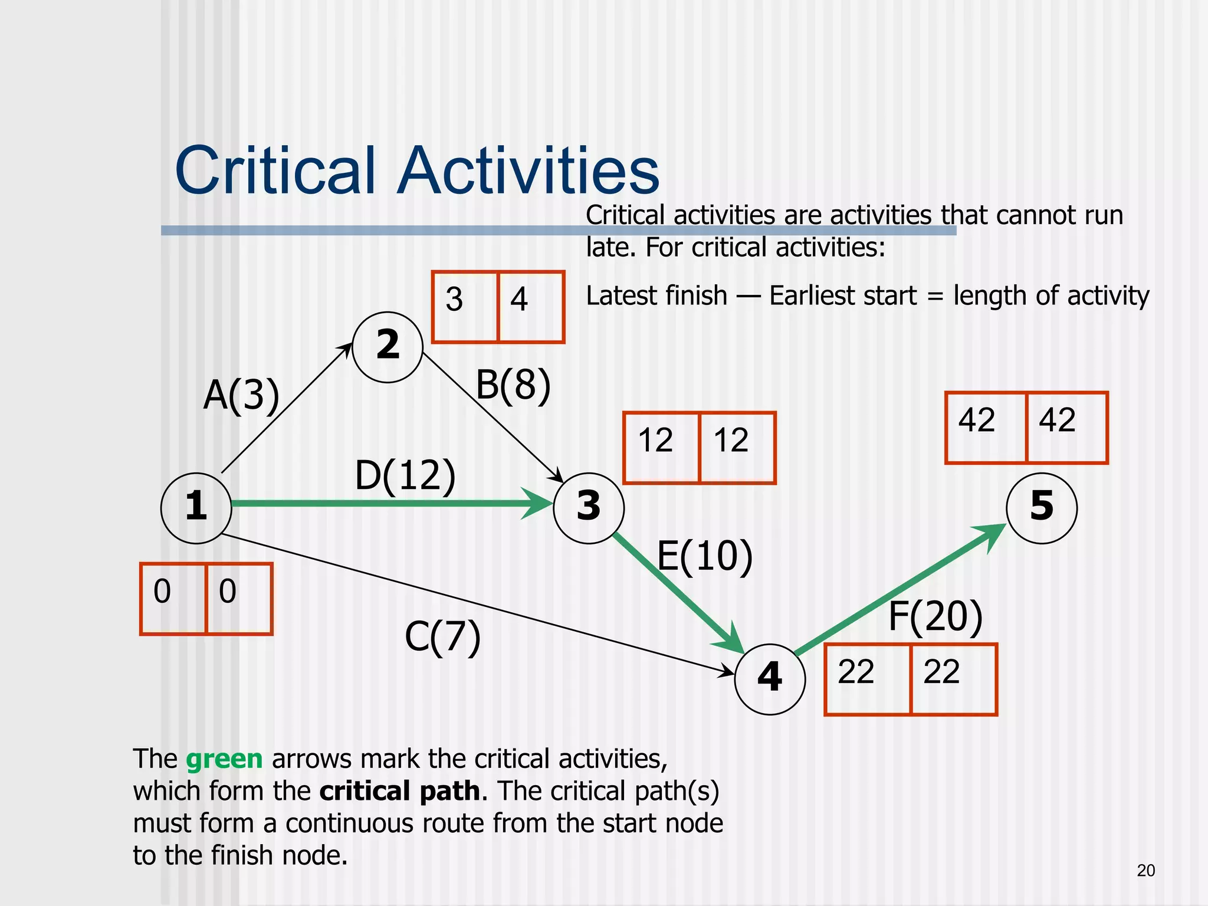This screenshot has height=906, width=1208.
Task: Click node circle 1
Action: (x=196, y=508)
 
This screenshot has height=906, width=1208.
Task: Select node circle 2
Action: (x=388, y=347)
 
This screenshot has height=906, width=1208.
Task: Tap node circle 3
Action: (x=589, y=508)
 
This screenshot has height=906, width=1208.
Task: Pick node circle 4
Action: (x=770, y=679)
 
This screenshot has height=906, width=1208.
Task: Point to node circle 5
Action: (x=1042, y=508)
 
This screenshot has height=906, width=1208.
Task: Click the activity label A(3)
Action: (x=241, y=395)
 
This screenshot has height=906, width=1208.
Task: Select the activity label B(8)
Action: (x=513, y=385)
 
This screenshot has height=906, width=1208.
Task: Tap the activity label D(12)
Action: (x=405, y=475)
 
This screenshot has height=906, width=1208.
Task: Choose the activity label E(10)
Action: (x=705, y=556)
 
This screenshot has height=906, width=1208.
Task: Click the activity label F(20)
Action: (x=935, y=617)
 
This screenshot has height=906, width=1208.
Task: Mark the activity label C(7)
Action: (x=442, y=638)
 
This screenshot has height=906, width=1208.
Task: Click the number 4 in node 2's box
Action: (x=519, y=299)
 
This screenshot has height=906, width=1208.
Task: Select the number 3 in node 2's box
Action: (x=454, y=299)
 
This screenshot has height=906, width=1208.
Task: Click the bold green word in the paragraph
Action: (x=224, y=759)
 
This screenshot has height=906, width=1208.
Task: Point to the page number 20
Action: (x=1145, y=871)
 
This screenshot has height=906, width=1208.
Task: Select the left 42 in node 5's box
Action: (x=977, y=421)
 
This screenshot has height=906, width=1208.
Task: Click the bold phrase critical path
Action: (x=400, y=792)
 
